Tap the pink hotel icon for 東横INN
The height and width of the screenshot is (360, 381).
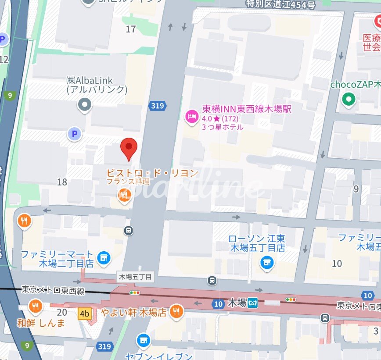191,116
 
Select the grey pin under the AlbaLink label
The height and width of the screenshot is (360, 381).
84,105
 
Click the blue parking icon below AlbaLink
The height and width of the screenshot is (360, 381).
75,134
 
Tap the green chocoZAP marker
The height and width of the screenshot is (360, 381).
349,100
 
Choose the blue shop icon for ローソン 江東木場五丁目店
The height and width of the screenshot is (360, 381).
266,263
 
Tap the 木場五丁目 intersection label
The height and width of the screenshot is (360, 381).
136,277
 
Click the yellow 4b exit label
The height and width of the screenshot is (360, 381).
84,314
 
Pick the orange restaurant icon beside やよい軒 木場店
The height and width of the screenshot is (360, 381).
176,312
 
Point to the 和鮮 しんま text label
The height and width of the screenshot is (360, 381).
41,323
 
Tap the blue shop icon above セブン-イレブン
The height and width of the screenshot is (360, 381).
142,340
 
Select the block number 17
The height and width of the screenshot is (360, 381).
131,29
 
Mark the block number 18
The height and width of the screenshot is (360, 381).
62,182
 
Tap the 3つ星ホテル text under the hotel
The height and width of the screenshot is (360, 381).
223,128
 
